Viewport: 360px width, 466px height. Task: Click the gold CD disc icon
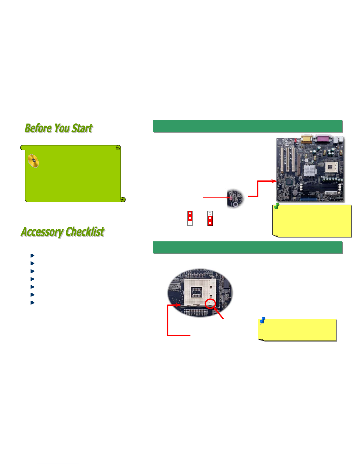point(33,161)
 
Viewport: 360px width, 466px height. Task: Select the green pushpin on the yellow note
point(277,206)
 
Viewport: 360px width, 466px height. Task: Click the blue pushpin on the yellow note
point(262,320)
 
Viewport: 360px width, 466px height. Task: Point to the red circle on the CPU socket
point(210,303)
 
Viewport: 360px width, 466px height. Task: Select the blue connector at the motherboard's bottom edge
point(308,199)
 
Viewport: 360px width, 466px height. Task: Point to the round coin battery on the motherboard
point(295,193)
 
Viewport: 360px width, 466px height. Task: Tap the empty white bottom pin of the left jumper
point(190,223)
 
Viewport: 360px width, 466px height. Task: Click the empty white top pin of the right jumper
point(210,213)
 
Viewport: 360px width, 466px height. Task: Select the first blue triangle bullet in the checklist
point(33,255)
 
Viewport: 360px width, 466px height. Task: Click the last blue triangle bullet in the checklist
point(33,303)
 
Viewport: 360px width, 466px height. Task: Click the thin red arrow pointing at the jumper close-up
point(216,197)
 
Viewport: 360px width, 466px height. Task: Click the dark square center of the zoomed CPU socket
point(196,292)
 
